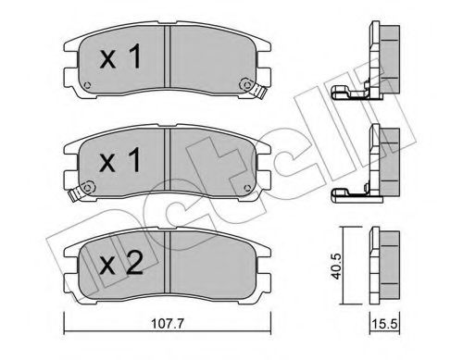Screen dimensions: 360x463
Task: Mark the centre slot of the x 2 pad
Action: coord(167,268)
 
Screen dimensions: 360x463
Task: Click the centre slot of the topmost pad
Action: coord(167,61)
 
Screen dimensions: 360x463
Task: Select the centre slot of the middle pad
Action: coord(167,164)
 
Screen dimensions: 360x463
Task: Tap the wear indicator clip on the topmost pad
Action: coord(249,87)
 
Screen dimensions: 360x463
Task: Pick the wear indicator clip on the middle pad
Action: coord(249,190)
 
